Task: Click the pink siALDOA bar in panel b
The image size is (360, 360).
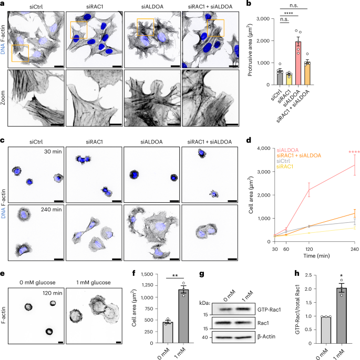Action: [x=298, y=63]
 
